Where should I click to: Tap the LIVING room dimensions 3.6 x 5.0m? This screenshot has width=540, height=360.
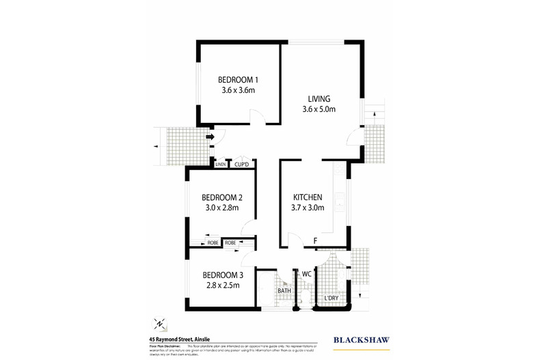[x=319, y=109]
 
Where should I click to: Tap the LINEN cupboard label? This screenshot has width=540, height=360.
[x=221, y=165]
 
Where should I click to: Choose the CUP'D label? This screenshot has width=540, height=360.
[x=243, y=165]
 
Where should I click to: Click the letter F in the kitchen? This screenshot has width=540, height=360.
[x=315, y=240]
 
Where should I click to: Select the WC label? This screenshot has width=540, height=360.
[x=307, y=274]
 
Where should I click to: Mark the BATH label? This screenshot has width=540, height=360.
[x=284, y=291]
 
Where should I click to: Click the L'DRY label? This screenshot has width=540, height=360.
[x=332, y=298]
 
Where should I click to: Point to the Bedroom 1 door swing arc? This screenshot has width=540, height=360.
[x=256, y=119]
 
